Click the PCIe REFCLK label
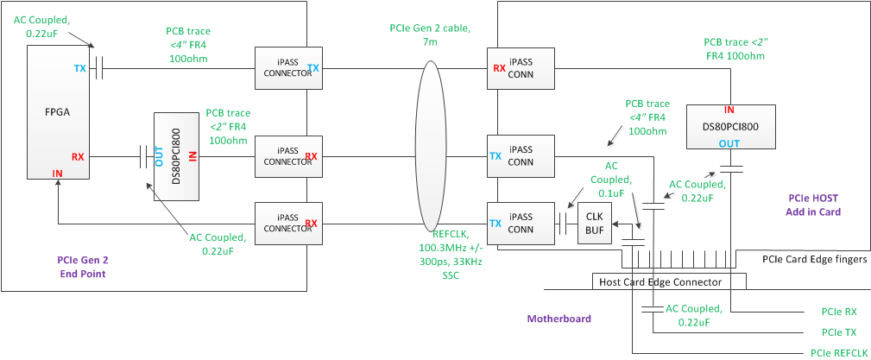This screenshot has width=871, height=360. tap(837, 352)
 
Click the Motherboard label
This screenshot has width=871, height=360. tap(559, 319)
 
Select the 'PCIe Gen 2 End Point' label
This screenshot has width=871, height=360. tap(83, 265)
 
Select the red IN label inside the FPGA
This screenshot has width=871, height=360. tap(58, 174)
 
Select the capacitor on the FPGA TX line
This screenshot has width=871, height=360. tap(99, 68)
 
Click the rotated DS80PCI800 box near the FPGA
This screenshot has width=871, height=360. tap(178, 156)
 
